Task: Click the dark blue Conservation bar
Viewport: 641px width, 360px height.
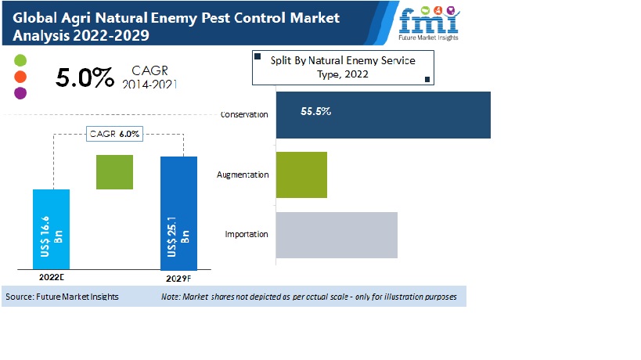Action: point(383,115)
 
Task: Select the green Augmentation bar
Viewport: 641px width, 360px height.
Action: point(301,175)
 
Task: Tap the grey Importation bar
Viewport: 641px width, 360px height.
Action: point(337,235)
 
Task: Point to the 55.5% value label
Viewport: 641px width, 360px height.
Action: point(315,111)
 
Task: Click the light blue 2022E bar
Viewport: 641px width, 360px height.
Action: point(51,229)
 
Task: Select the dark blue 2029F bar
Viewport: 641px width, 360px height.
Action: point(178,214)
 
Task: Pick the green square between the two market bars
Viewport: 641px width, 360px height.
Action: point(114,172)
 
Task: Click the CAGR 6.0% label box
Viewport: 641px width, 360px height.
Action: point(114,134)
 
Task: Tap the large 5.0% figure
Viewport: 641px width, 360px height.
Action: point(85,77)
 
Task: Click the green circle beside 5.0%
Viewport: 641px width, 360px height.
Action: point(20,60)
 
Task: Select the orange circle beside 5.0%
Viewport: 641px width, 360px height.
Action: point(20,77)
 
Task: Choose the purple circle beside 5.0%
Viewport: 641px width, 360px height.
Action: point(20,93)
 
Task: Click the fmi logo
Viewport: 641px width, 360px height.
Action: point(428,23)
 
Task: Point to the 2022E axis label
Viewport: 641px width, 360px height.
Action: point(52,277)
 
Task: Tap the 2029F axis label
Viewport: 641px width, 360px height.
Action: point(178,279)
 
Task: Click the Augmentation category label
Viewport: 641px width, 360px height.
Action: point(243,175)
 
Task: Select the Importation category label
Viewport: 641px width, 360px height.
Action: point(247,234)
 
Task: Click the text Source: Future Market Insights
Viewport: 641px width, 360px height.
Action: point(62,297)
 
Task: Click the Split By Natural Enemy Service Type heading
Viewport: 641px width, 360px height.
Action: point(343,67)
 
